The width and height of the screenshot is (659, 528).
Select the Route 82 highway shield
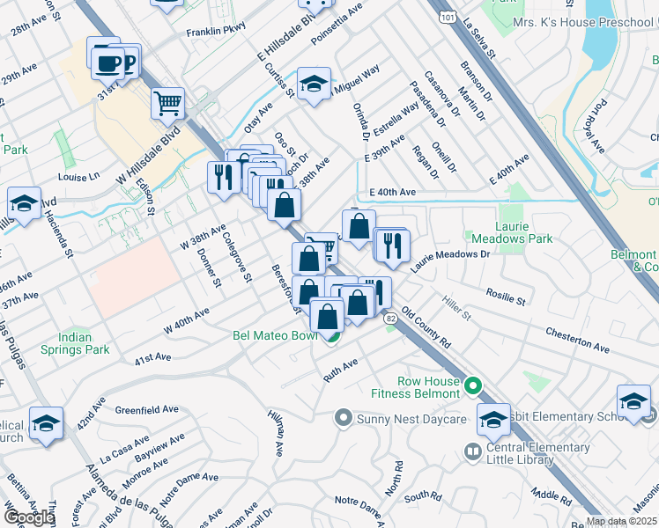tap(389, 326)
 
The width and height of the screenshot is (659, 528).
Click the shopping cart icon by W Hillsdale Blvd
tap(167, 103)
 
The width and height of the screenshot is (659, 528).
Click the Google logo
tap(29, 517)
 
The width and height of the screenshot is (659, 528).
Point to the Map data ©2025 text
tap(621, 521)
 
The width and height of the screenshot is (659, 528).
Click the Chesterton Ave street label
tap(577, 341)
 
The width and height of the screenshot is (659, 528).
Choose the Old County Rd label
tap(426, 326)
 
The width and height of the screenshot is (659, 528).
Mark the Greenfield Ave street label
tap(147, 409)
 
